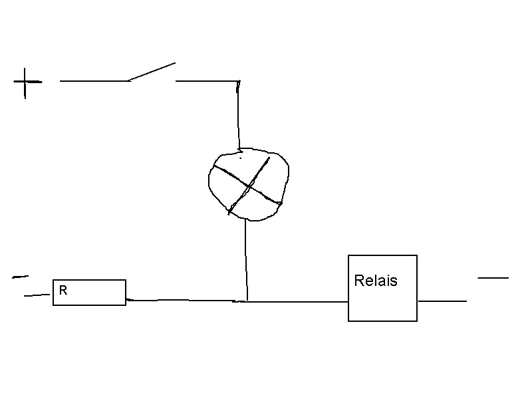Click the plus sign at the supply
pos(26,82)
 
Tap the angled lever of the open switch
pos(152,72)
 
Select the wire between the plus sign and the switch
pos(93,81)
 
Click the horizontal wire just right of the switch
pos(206,81)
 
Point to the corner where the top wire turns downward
pos(239,82)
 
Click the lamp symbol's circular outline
pos(210,180)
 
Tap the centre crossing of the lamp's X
pos(249,186)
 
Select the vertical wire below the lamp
pos(246,259)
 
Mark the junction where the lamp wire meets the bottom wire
pos(247,301)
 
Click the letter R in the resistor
pos(63,290)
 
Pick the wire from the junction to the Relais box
pos(299,301)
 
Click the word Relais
pos(376,281)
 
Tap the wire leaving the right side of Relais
pos(442,301)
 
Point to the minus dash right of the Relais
pos(493,277)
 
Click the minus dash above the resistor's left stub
pos(20,276)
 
